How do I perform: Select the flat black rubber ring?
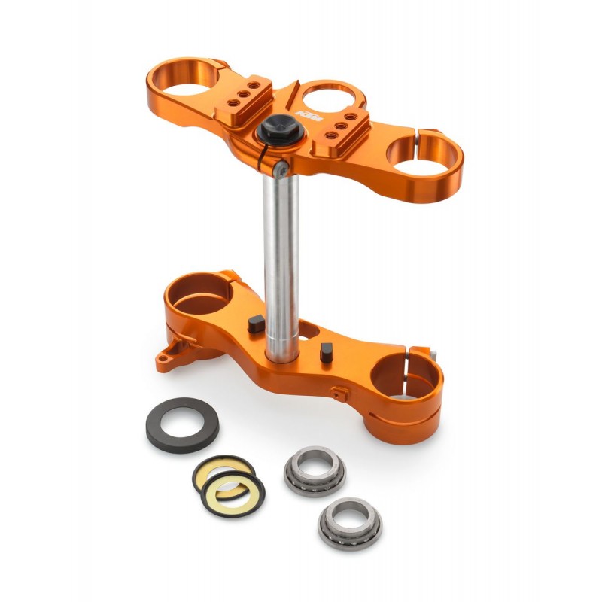181,424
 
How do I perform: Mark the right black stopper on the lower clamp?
327,351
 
